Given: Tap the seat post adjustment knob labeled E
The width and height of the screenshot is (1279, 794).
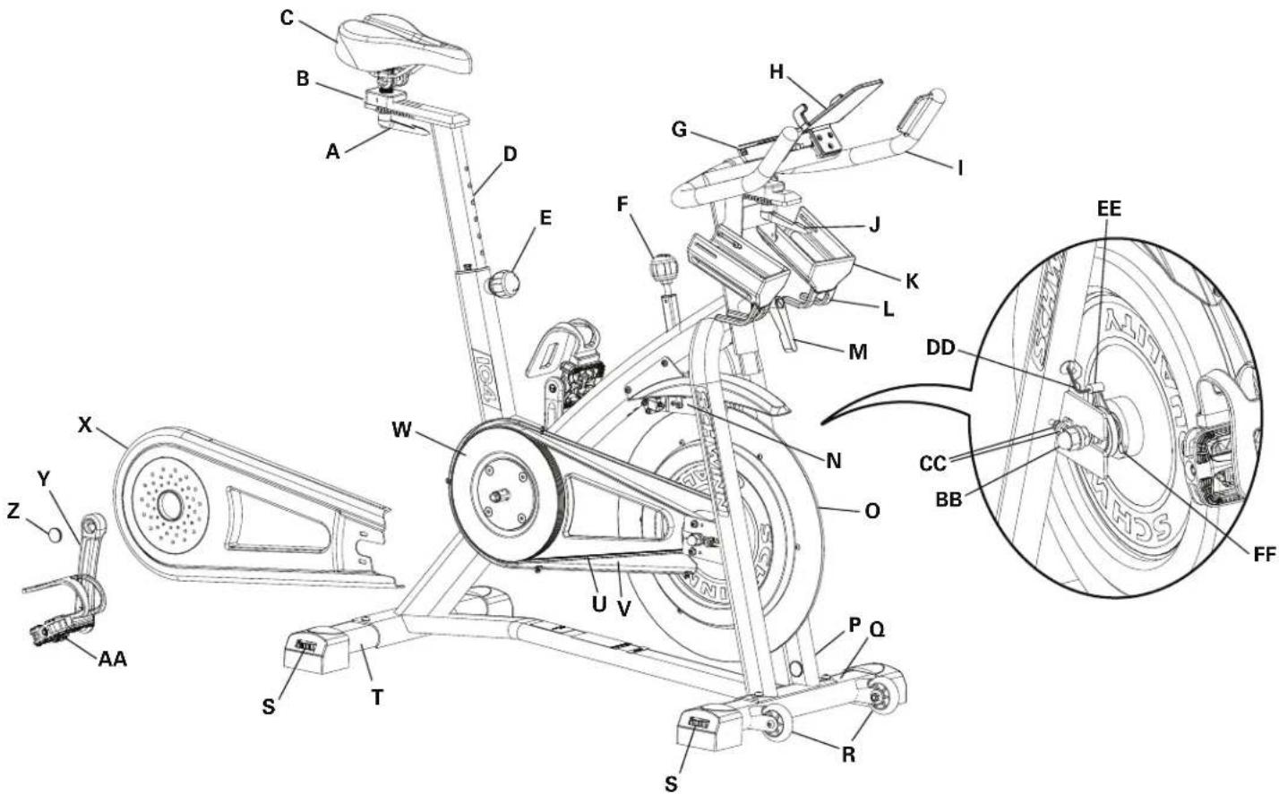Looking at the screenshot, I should pyautogui.click(x=503, y=285).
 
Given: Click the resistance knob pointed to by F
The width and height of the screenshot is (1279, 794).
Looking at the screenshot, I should pyautogui.click(x=663, y=268).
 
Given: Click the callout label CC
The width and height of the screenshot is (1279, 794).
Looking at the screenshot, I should pyautogui.click(x=934, y=463).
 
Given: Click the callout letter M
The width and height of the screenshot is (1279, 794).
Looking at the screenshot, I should pyautogui.click(x=857, y=352).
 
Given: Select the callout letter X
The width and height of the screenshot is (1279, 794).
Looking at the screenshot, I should pyautogui.click(x=85, y=425).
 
